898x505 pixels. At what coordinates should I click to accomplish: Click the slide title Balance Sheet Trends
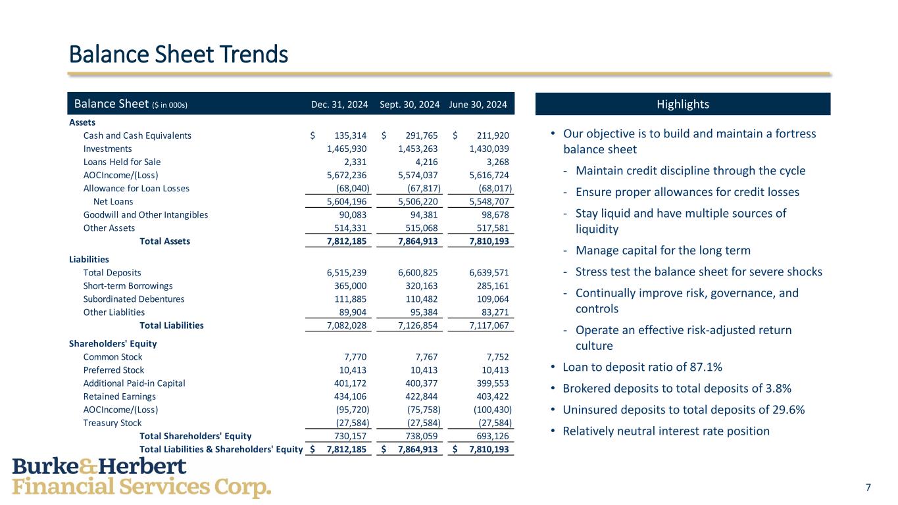tap(178, 54)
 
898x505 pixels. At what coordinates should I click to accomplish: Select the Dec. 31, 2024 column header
tap(339, 105)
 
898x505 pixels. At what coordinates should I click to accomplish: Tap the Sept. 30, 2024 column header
tap(409, 105)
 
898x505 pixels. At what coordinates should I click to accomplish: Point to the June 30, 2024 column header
tap(478, 105)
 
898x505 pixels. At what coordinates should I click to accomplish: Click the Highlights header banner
tap(683, 105)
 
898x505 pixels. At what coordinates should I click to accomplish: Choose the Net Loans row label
tap(113, 201)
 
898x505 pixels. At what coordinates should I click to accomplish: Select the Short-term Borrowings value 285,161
tap(489, 286)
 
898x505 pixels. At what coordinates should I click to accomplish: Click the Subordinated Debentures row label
tap(134, 299)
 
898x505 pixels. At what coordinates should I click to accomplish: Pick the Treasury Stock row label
tap(112, 423)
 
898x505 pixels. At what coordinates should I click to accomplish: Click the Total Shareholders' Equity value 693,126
tap(489, 436)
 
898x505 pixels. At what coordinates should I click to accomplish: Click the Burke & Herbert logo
tap(141, 477)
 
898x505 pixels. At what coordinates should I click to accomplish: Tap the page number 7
tap(868, 487)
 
